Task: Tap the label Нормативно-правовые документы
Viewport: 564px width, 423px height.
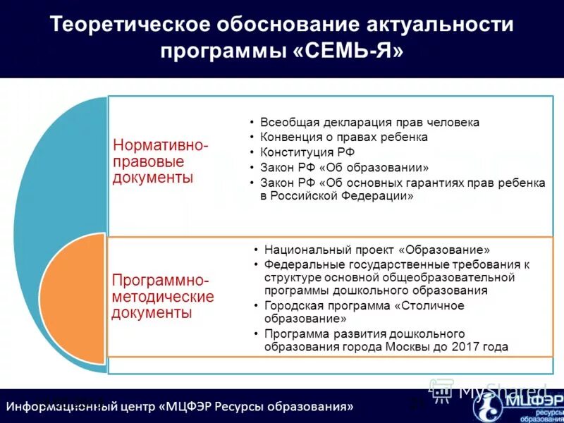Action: pyautogui.click(x=161, y=161)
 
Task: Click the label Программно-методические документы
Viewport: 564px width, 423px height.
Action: pyautogui.click(x=162, y=297)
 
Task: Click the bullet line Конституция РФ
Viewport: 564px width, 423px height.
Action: pyautogui.click(x=307, y=152)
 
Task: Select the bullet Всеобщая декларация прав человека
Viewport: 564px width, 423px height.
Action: pyautogui.click(x=369, y=122)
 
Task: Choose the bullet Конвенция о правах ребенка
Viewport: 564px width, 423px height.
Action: pyautogui.click(x=344, y=137)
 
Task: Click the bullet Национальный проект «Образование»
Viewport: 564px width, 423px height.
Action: pyautogui.click(x=376, y=250)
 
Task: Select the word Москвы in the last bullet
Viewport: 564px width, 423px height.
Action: pyautogui.click(x=407, y=347)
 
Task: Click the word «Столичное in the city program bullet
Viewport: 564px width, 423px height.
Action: pyautogui.click(x=429, y=305)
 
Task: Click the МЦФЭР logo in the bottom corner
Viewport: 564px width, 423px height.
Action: pyautogui.click(x=525, y=405)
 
